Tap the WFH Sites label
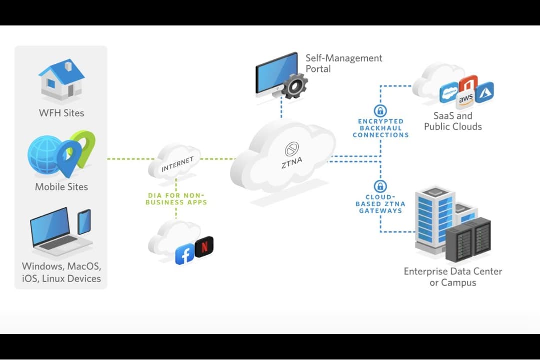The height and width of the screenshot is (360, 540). point(61,113)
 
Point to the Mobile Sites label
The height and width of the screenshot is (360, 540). point(61,187)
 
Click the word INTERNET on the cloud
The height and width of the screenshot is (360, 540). point(177,164)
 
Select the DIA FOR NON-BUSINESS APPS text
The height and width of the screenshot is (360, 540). point(176,199)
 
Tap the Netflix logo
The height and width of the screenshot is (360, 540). point(204,246)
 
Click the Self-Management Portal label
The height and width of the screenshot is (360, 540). point(344,63)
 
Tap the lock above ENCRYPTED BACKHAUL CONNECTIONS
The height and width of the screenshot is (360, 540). point(380,111)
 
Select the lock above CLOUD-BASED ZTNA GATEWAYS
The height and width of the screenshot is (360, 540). point(380,187)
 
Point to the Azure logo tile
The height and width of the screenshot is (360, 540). point(484,92)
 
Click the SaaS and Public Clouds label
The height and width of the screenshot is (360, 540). point(453,121)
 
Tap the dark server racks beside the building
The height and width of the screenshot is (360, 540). point(468,240)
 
